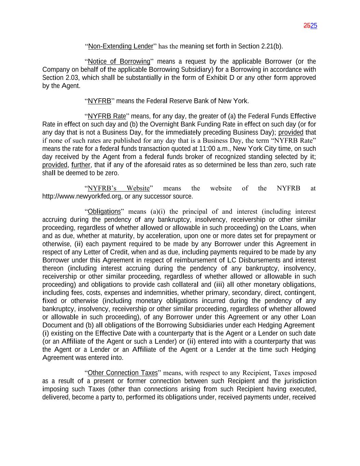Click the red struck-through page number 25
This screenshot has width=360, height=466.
coord(307,26)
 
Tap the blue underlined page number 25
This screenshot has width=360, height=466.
coord(314,26)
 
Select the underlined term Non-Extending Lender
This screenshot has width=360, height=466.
coord(120,46)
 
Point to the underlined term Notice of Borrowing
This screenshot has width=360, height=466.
coord(119,62)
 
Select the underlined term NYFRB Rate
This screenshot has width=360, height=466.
coord(107,116)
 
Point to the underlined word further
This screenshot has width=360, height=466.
coord(81,165)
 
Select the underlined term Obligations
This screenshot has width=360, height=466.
coord(104,212)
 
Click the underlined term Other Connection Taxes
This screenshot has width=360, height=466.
coord(123,373)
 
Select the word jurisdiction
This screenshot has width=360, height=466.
coord(299,381)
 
